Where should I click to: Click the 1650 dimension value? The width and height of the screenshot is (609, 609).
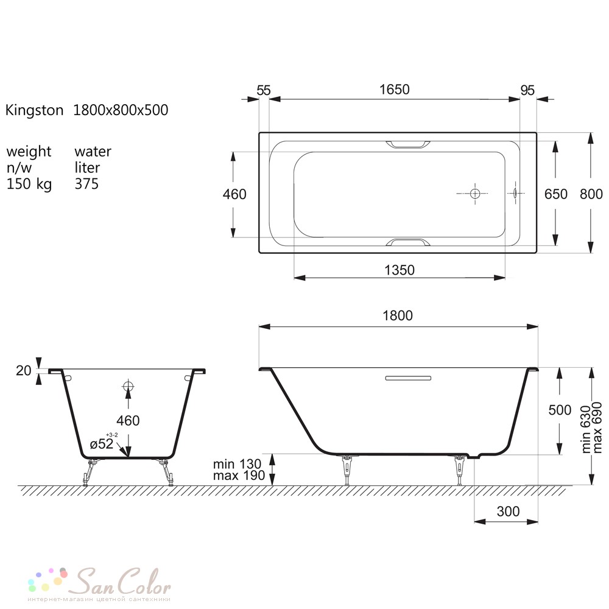point(394,90)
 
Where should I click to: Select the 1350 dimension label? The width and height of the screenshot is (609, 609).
point(400,270)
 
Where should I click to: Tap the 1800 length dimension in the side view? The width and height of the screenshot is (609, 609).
point(398,315)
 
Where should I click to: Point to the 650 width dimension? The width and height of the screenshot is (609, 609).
point(556,194)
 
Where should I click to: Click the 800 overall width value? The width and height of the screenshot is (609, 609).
point(591,194)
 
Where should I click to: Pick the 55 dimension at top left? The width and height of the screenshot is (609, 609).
point(264,90)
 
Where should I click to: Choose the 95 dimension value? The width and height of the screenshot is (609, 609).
point(527,90)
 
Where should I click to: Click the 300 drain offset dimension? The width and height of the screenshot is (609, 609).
point(508,511)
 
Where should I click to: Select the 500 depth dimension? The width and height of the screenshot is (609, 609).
point(560,410)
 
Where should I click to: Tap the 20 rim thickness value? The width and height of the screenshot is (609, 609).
point(23,370)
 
